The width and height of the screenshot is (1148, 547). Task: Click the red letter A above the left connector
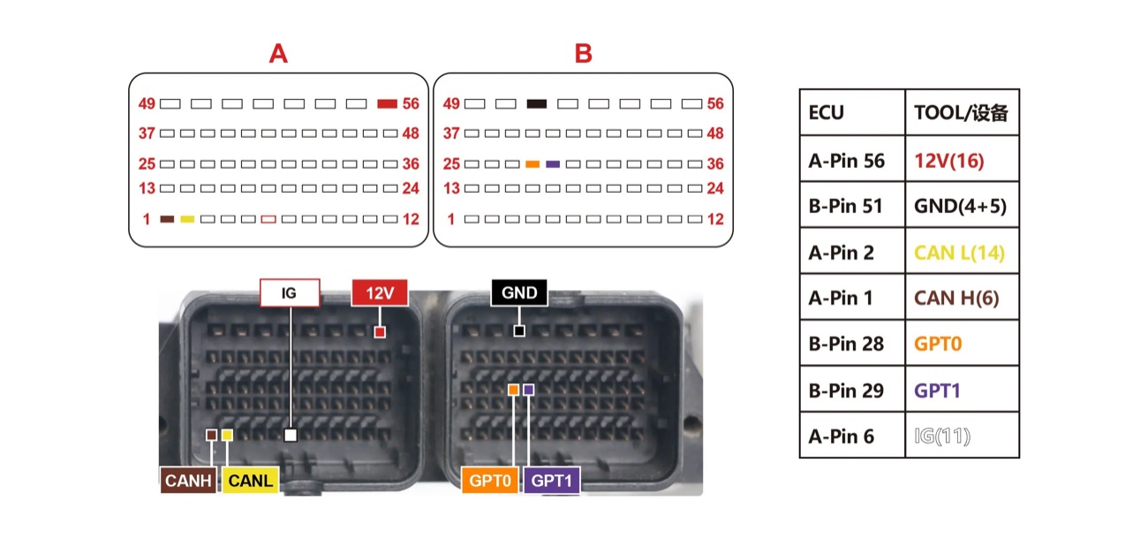pyautogui.click(x=278, y=53)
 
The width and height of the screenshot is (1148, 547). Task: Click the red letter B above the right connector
pyautogui.click(x=583, y=53)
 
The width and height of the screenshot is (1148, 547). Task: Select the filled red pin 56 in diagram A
pyautogui.click(x=387, y=104)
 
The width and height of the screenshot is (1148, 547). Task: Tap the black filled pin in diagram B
pyautogui.click(x=537, y=104)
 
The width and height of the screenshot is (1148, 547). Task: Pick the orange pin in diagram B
pyautogui.click(x=532, y=164)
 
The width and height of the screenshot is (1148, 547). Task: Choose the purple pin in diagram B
pyautogui.click(x=553, y=164)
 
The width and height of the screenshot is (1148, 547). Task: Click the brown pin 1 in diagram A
pyautogui.click(x=167, y=219)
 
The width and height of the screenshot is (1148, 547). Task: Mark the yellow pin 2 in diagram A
pyautogui.click(x=187, y=219)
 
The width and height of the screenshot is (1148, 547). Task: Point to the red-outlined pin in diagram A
pyautogui.click(x=268, y=219)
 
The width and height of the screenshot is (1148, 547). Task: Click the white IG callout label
pyautogui.click(x=290, y=292)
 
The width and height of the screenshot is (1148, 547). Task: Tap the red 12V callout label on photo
pyautogui.click(x=380, y=292)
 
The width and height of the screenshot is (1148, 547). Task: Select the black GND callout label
pyautogui.click(x=519, y=292)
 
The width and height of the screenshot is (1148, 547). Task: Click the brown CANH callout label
pyautogui.click(x=188, y=481)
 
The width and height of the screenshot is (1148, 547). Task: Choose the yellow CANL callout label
pyautogui.click(x=251, y=481)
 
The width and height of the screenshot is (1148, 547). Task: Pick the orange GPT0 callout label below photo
pyautogui.click(x=490, y=481)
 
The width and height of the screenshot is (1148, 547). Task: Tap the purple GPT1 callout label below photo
pyautogui.click(x=551, y=481)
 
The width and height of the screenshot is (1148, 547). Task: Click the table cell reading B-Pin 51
pyautogui.click(x=852, y=205)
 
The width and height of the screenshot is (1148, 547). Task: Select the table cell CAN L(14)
pyautogui.click(x=962, y=252)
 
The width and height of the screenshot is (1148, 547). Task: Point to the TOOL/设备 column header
pyautogui.click(x=962, y=112)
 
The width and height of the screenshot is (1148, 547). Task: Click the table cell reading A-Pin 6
pyautogui.click(x=852, y=436)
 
